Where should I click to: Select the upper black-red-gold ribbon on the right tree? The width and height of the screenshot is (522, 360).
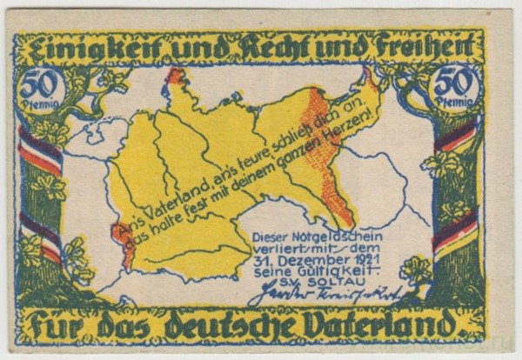(x=458, y=138)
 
